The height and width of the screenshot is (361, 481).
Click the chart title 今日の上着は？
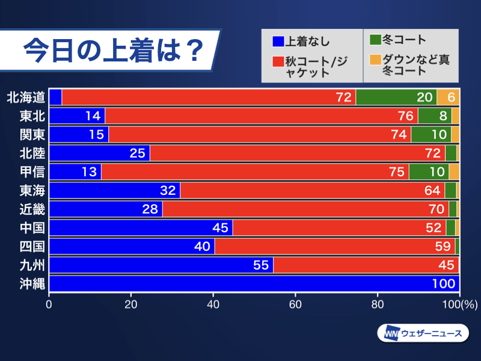point(111,52)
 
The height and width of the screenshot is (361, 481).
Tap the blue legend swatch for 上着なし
point(278,42)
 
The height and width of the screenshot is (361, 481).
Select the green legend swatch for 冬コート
point(375,40)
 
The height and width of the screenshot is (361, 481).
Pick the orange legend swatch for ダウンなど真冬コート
point(375,60)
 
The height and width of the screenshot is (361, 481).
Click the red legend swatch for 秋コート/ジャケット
point(278,61)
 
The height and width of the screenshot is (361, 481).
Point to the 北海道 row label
point(25,97)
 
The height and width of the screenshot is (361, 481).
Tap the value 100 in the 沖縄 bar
point(444,283)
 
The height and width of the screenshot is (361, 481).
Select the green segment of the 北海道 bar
point(396,97)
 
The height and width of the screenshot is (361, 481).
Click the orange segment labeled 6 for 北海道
point(448,97)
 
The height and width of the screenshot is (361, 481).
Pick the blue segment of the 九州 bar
point(161,265)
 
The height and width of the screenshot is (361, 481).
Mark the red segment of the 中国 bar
point(339,227)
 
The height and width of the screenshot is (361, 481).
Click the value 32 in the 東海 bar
point(168,190)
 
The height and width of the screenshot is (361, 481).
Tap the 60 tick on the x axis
point(295,304)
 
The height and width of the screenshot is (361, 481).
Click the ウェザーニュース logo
point(423,333)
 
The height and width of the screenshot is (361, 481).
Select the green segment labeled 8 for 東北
point(434,116)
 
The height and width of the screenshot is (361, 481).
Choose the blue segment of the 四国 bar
point(132,246)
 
